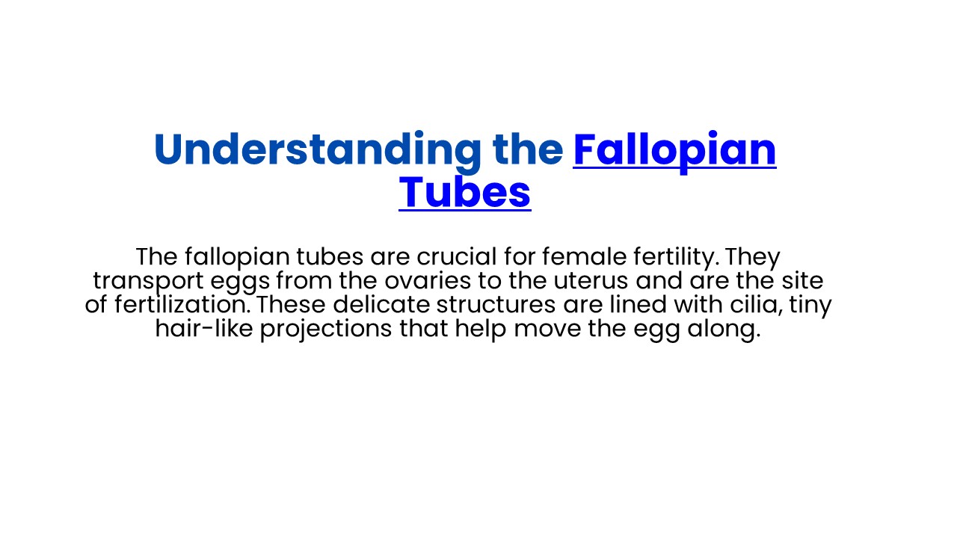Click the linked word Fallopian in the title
pyautogui.click(x=674, y=150)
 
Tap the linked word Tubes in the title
pyautogui.click(x=464, y=192)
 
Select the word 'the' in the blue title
pyautogui.click(x=528, y=150)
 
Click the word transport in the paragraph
pyautogui.click(x=144, y=282)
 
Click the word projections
pyautogui.click(x=326, y=330)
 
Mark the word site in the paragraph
pyautogui.click(x=801, y=281)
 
